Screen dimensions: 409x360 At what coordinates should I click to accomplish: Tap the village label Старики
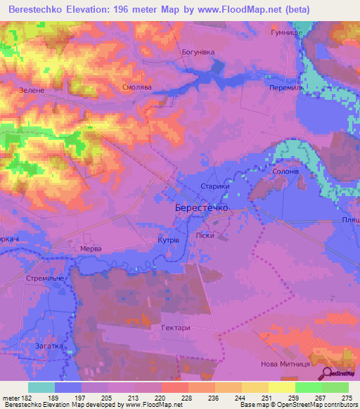(x=215, y=187)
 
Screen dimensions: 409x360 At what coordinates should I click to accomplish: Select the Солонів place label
(x=286, y=171)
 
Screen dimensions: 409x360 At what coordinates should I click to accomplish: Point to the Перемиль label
(x=286, y=88)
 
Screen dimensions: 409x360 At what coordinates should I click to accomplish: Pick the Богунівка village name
(x=197, y=53)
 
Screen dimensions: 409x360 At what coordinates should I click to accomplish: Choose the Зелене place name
(x=32, y=91)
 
